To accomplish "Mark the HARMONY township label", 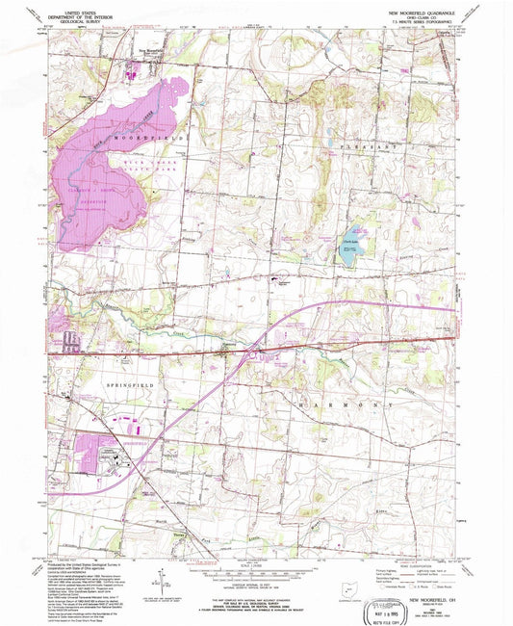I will [x=347, y=407].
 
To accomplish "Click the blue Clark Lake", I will [x=347, y=247].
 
